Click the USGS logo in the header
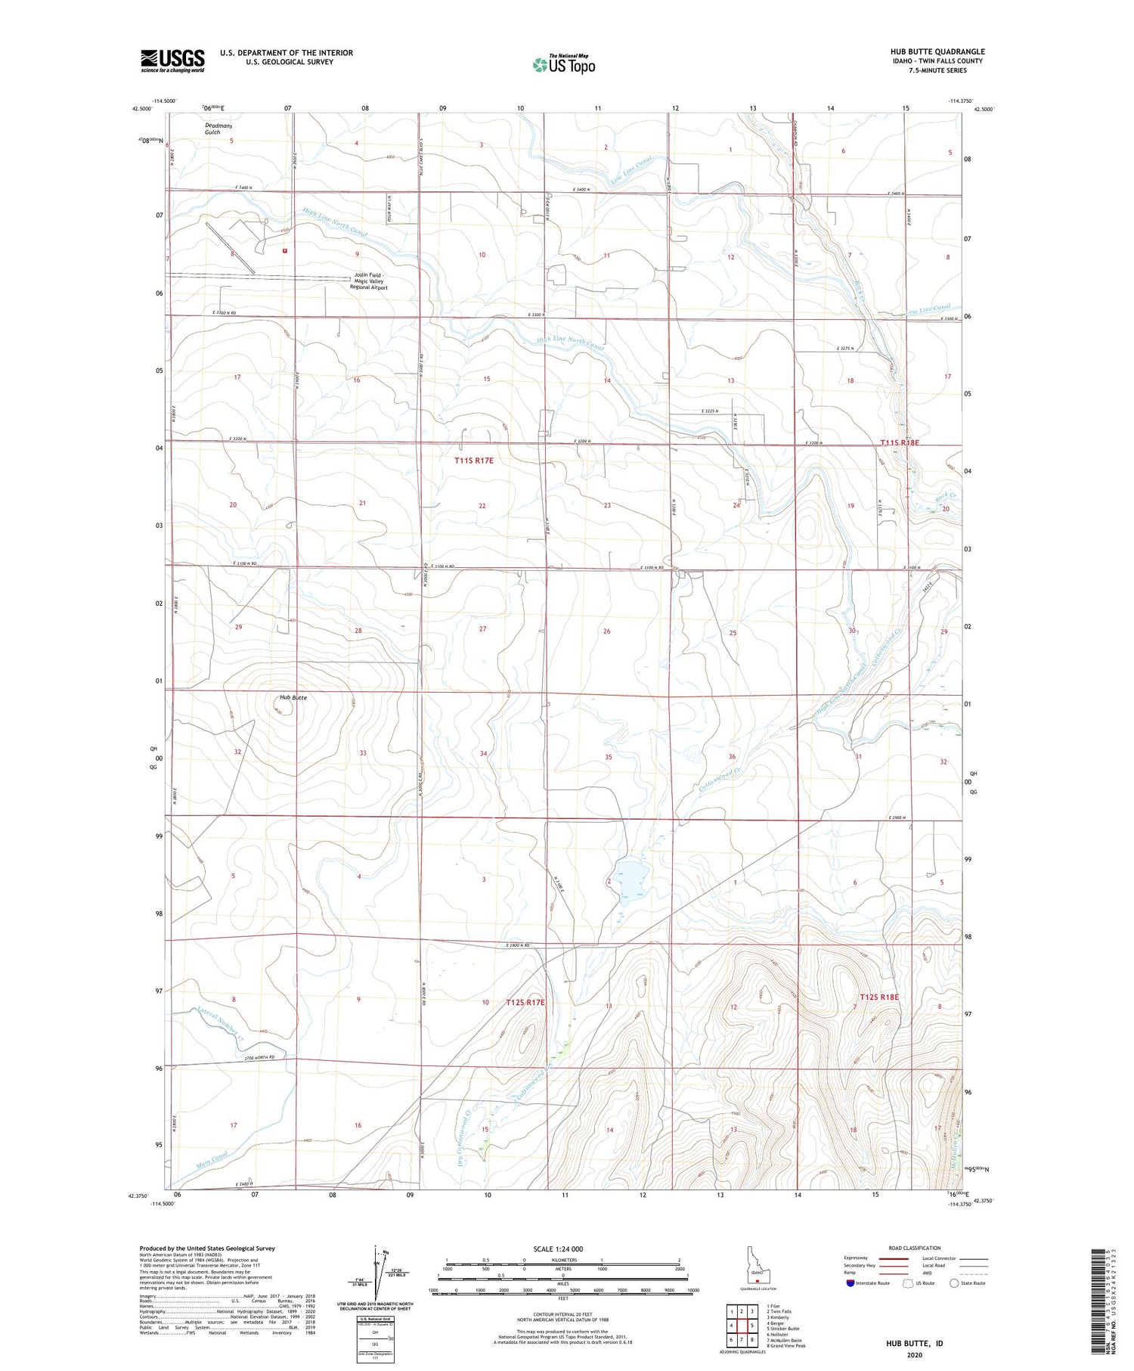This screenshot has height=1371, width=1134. click(x=172, y=60)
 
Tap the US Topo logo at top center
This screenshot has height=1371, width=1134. click(x=563, y=65)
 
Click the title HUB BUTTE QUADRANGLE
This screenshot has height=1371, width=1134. click(x=937, y=51)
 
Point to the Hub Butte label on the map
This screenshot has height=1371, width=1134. click(x=293, y=697)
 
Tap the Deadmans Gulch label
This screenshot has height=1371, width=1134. click(x=218, y=128)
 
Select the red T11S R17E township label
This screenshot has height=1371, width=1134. click(x=474, y=460)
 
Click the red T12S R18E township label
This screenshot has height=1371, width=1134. click(x=879, y=997)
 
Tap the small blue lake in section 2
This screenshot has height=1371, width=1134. click(x=633, y=879)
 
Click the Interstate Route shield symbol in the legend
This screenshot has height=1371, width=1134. click(x=850, y=1283)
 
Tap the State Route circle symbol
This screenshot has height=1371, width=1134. click(x=954, y=1283)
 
